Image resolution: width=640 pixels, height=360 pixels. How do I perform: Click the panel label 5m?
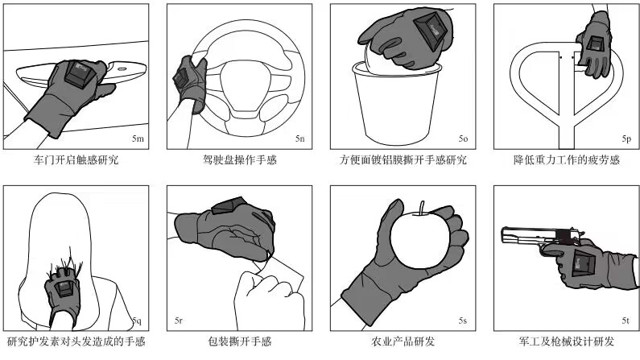[x=138, y=139]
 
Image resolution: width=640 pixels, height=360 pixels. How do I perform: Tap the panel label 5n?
[x=300, y=139]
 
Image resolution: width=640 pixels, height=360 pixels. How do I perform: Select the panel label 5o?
[x=463, y=139]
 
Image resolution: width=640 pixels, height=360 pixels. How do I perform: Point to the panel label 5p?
[x=626, y=139]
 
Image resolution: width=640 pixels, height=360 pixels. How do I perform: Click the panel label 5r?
[x=179, y=321]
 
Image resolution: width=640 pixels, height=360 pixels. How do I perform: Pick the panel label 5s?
[x=462, y=321]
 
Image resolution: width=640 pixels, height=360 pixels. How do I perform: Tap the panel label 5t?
[x=626, y=321]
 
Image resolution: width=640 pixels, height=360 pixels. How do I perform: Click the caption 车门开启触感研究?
[x=76, y=159]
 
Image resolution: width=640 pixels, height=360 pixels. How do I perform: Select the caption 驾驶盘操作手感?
[x=240, y=159]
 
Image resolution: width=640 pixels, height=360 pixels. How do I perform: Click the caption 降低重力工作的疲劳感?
[x=567, y=159]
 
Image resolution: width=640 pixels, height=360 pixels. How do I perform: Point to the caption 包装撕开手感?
[x=240, y=341]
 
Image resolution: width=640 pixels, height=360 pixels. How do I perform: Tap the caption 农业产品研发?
[x=403, y=341]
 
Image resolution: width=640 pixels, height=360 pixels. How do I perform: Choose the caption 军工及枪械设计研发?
[x=567, y=341]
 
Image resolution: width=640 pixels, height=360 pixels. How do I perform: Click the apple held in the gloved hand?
[x=420, y=240]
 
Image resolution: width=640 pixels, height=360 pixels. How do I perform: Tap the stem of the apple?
[x=422, y=207]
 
